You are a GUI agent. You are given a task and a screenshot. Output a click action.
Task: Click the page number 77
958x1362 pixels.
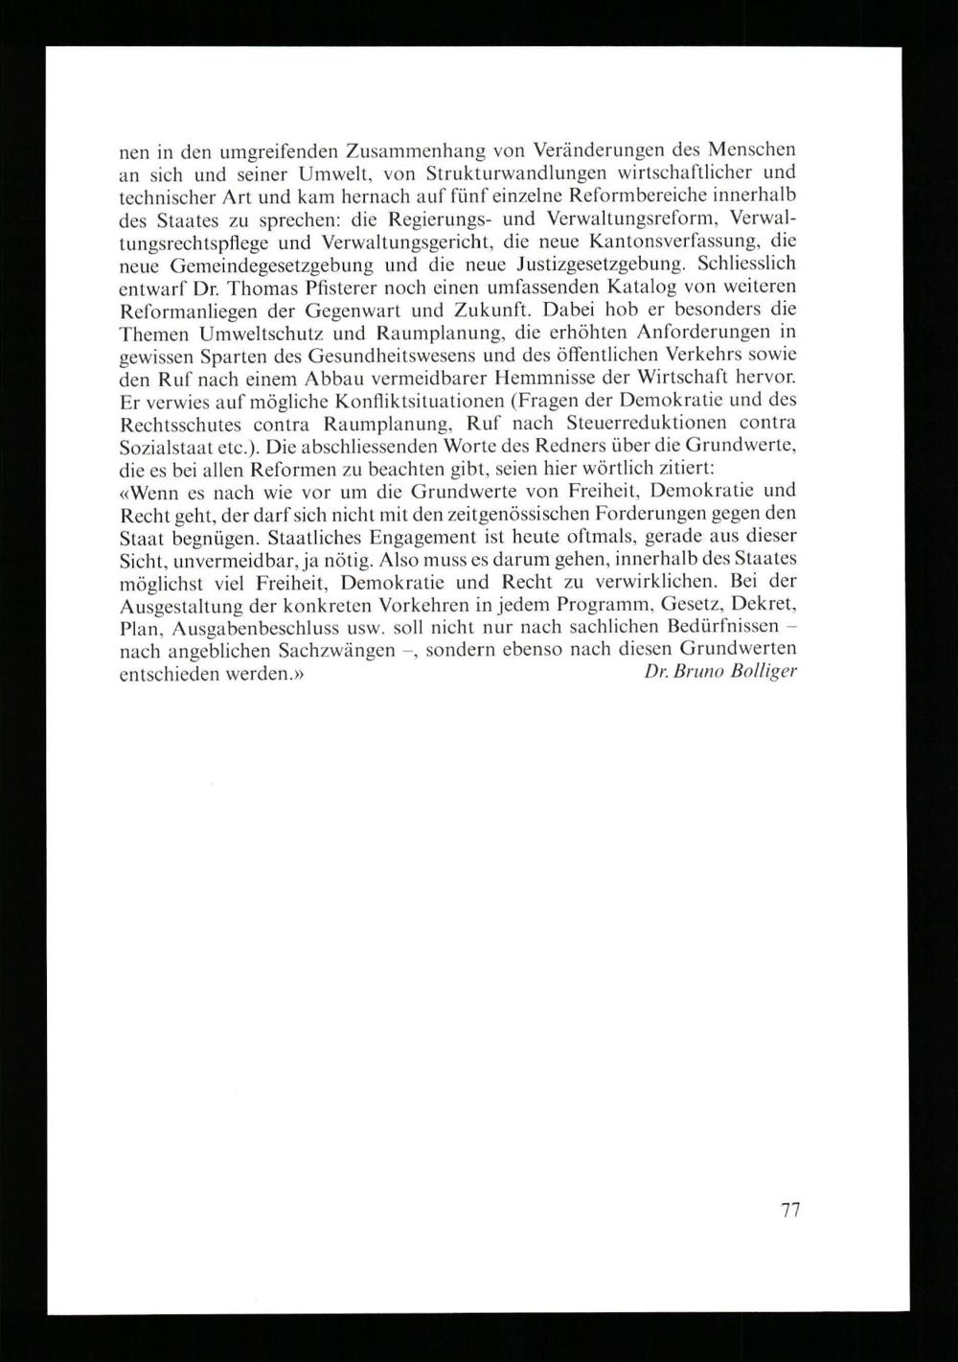pos(790,1210)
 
